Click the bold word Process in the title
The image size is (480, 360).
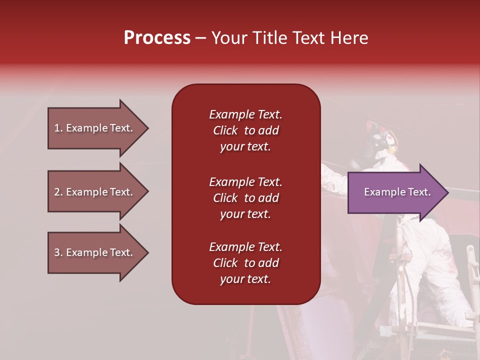point(157,38)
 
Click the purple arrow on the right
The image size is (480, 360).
point(395,192)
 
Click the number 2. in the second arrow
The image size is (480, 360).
point(58,192)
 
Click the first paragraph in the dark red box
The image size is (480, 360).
point(245,130)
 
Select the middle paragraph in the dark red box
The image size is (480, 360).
point(245,198)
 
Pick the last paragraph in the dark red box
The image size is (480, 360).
point(245,263)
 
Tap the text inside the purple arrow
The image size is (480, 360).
point(397,192)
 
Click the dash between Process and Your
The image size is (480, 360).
point(200,38)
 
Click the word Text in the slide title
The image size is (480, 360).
point(307,38)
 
